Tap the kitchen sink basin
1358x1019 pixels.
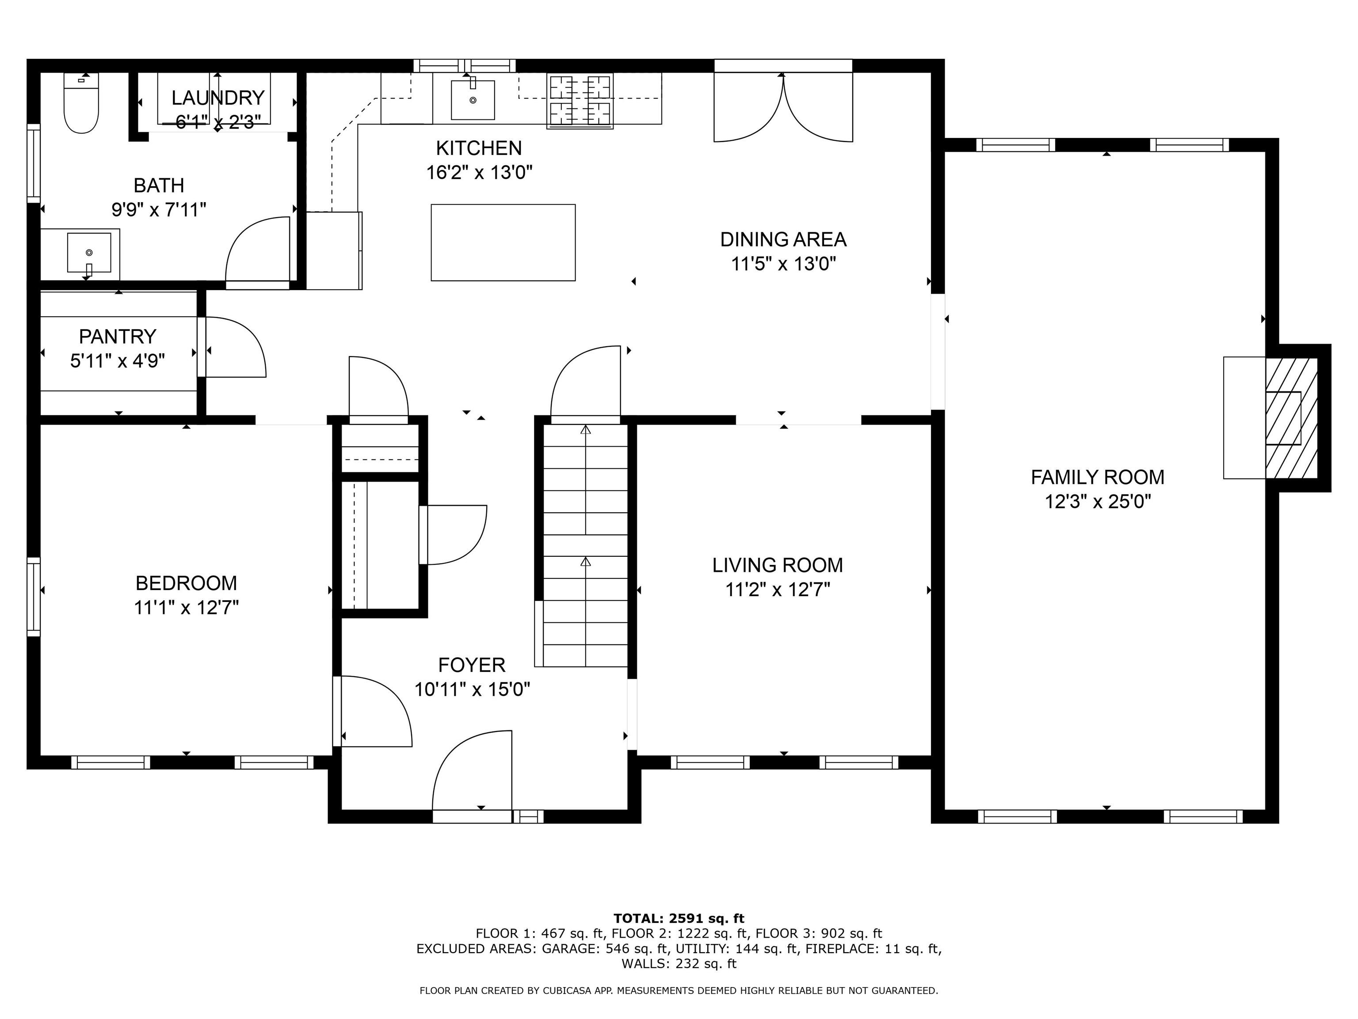point(473,100)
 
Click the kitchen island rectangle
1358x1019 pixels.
point(503,243)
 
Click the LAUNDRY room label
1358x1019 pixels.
point(217,98)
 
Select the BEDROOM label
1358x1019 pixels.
point(186,582)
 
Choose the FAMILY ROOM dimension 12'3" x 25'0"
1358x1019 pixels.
point(1097,502)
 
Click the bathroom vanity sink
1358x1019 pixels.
point(89,253)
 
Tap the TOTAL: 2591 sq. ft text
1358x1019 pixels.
point(679,918)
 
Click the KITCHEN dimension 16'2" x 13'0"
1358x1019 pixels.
point(479,172)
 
